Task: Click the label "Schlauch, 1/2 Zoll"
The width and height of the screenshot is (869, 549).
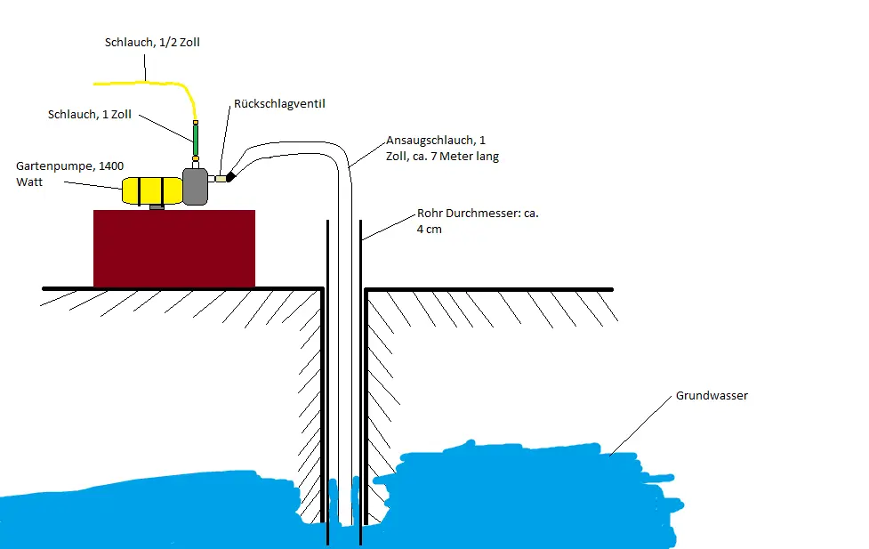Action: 152,43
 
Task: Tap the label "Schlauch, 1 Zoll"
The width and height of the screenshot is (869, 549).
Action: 90,114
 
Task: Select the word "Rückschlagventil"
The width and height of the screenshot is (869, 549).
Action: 279,104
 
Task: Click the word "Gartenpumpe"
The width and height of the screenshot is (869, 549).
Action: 55,166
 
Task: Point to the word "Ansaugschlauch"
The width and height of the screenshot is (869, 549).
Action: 430,141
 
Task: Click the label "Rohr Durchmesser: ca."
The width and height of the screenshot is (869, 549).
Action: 478,213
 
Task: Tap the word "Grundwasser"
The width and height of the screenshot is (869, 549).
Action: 712,395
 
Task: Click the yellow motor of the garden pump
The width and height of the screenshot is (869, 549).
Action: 152,190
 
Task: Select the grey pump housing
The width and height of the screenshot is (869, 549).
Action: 195,186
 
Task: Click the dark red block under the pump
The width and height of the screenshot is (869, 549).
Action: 174,248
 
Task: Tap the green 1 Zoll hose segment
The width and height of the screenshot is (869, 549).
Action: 196,141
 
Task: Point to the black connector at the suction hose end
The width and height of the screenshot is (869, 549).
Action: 230,176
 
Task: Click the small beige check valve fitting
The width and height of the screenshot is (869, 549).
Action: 221,179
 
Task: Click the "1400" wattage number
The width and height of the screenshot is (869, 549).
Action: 111,166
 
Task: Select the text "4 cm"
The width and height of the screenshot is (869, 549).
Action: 430,230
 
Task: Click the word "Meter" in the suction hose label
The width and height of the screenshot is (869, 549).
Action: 455,157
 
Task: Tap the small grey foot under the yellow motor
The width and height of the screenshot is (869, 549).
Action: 157,206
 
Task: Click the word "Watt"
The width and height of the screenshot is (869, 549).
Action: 29,182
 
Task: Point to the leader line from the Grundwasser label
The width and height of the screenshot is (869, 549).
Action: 640,426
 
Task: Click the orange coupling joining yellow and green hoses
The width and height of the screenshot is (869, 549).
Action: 196,123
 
